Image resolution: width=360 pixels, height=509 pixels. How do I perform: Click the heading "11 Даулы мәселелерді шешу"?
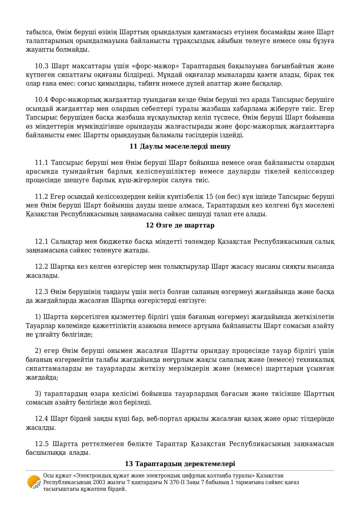click(180, 147)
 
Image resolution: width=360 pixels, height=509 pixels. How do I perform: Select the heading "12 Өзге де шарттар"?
click(180, 225)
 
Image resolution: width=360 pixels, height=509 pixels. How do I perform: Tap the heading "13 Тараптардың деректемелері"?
click(180, 464)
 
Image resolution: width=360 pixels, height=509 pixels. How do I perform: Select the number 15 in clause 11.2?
click(209, 197)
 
